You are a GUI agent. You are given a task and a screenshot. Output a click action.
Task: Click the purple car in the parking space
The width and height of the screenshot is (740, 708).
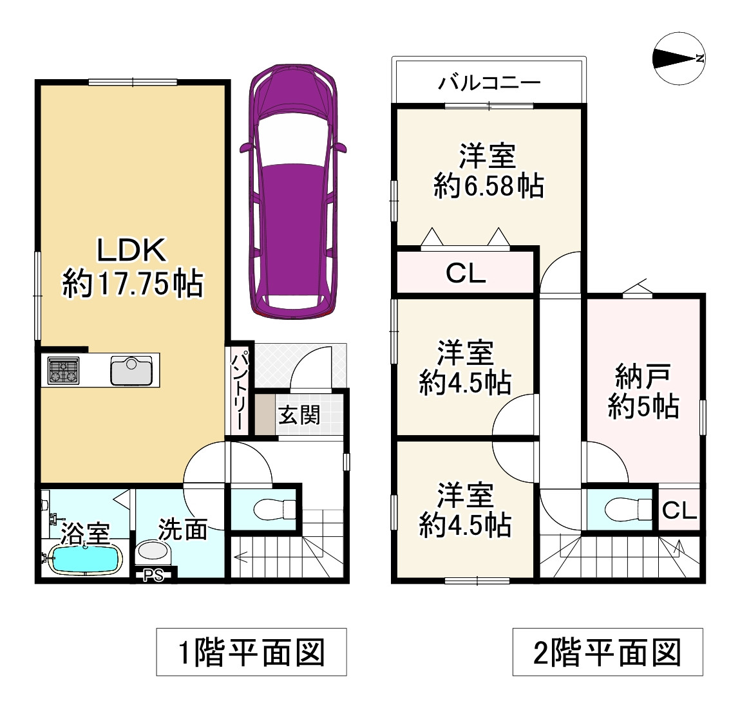coord(293,191)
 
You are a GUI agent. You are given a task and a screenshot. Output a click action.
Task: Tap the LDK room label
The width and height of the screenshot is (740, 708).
coord(131,250)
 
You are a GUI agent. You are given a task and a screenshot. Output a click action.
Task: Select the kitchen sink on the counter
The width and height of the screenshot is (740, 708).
coord(131,370)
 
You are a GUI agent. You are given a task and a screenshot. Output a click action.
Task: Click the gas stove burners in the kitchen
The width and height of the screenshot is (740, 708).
coord(63,370)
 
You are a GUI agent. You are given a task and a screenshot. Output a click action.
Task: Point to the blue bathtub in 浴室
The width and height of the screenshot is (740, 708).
coord(84,559)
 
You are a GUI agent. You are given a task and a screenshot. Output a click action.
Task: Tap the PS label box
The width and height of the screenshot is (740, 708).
coord(153,575)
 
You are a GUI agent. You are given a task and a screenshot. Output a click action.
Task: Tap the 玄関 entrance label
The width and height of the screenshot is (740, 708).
coord(299,415)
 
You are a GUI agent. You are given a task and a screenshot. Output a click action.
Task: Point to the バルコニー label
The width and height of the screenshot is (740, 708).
coord(489,83)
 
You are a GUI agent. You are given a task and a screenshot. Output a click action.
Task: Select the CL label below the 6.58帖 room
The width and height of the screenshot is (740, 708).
coord(466,273)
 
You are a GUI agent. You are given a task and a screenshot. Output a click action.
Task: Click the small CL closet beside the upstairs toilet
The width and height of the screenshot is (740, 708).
coord(679,509)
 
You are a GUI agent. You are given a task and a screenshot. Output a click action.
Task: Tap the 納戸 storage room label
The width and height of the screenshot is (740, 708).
coord(643,376)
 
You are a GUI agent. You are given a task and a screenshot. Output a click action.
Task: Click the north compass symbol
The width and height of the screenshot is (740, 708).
coord(679,59)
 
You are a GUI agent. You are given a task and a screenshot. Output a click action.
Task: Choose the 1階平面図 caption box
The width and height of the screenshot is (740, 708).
coord(252,652)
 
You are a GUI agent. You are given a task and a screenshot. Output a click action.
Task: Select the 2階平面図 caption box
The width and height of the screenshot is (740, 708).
coord(608,652)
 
